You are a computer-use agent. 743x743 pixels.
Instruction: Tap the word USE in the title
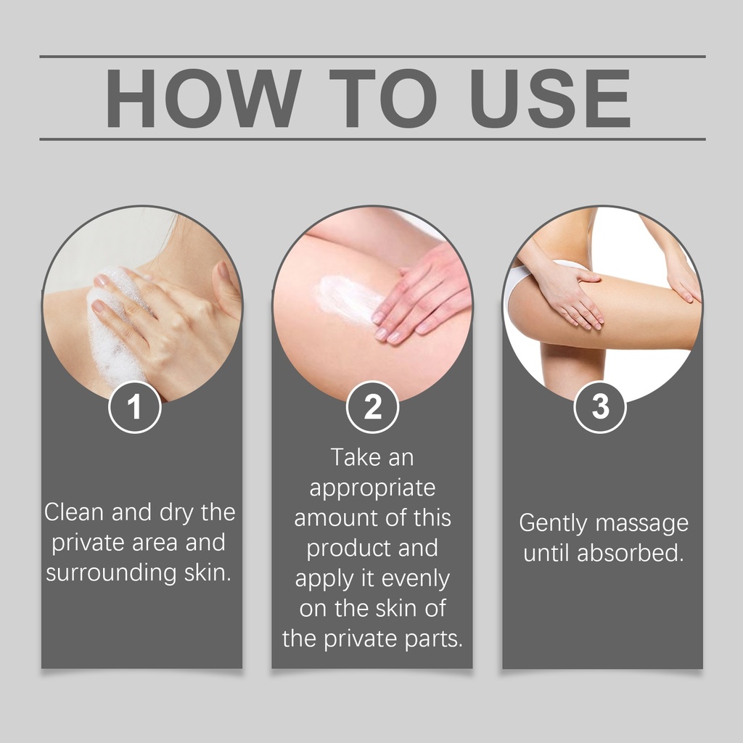click(551, 98)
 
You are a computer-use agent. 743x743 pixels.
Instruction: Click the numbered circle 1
click(135, 407)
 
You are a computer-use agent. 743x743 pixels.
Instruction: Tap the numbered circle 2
click(372, 407)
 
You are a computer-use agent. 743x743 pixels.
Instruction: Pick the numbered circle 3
click(600, 407)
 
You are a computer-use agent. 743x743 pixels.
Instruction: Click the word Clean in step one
click(74, 512)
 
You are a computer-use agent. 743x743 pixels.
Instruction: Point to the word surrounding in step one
click(111, 573)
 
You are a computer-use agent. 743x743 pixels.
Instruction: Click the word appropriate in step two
click(372, 488)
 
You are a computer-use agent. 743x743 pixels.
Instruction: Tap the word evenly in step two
click(416, 579)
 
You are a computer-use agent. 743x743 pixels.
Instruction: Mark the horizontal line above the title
click(372, 57)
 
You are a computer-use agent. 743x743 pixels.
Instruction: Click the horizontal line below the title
click(372, 139)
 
